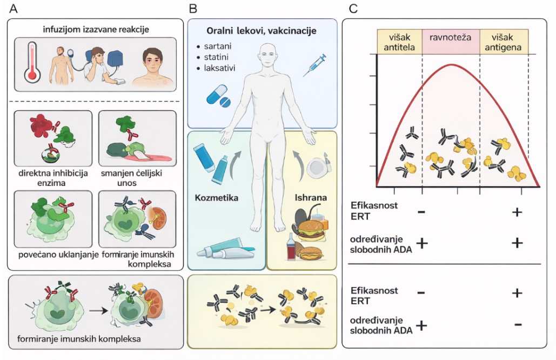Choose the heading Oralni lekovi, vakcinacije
[262, 31]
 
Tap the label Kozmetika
[217, 197]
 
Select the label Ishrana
[311, 197]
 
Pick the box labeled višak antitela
[399, 42]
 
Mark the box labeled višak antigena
[504, 42]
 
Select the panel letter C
[353, 9]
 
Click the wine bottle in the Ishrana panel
[292, 248]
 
